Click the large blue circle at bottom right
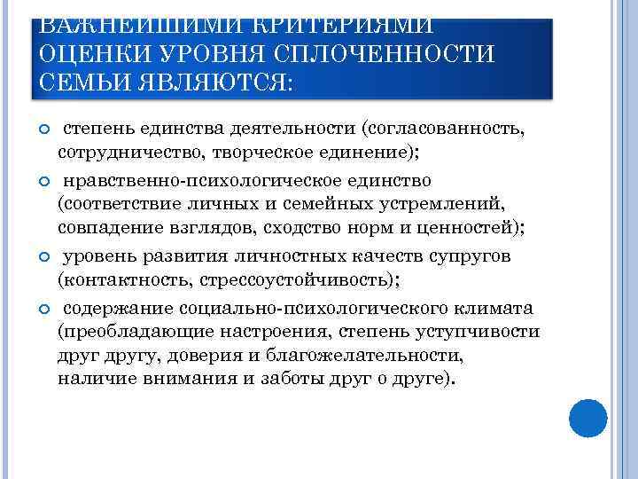click(x=587, y=418)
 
